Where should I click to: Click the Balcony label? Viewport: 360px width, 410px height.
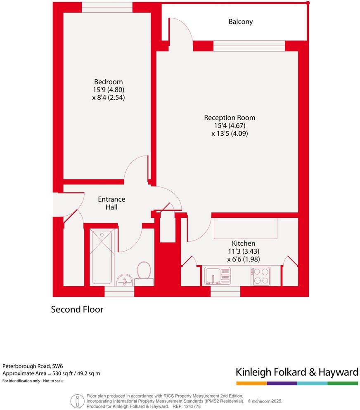(241, 21)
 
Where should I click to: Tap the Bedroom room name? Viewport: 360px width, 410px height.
(109, 82)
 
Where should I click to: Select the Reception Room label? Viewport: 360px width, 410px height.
(230, 118)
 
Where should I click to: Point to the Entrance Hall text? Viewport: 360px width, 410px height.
(111, 203)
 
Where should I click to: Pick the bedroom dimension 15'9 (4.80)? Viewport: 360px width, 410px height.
(109, 90)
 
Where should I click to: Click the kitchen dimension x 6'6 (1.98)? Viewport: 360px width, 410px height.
(243, 259)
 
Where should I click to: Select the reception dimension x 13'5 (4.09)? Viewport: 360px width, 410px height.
(230, 134)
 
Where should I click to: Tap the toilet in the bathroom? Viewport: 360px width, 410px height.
(144, 272)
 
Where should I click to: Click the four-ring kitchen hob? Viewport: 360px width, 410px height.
(261, 276)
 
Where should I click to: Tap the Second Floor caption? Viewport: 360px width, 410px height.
(77, 309)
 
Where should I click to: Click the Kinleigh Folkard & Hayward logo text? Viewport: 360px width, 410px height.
(296, 372)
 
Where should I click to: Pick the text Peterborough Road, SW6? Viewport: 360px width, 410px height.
(27, 366)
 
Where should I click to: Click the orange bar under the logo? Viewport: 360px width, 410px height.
(251, 383)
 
